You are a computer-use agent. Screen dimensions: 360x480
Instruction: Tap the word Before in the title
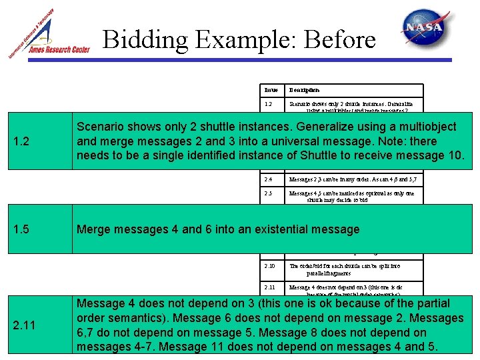pyautogui.click(x=340, y=40)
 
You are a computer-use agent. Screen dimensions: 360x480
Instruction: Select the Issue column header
pyautogui.click(x=271, y=90)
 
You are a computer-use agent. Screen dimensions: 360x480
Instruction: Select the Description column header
pyautogui.click(x=304, y=90)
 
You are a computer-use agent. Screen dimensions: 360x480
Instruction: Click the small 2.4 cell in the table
pyautogui.click(x=268, y=179)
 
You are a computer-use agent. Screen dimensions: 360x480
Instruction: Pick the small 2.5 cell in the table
pyautogui.click(x=268, y=193)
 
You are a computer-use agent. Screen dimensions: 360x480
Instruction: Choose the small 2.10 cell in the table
pyautogui.click(x=269, y=265)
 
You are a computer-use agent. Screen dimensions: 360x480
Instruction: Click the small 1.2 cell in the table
pyautogui.click(x=268, y=105)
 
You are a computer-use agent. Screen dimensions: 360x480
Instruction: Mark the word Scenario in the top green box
pyautogui.click(x=101, y=127)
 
